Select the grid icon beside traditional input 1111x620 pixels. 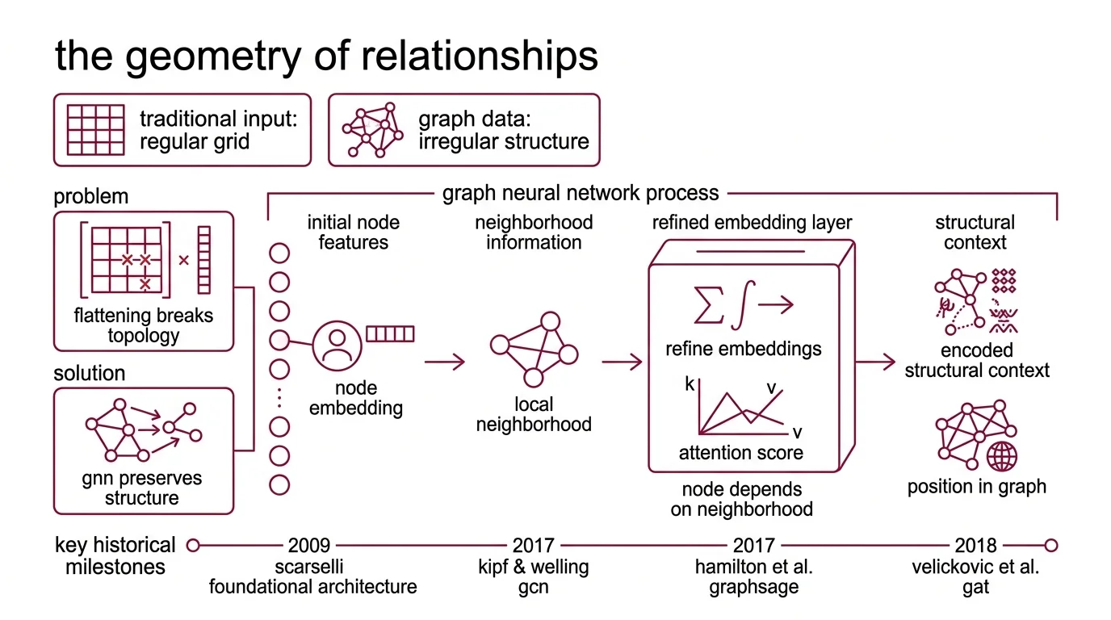click(x=95, y=130)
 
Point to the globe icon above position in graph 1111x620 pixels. click(x=1002, y=456)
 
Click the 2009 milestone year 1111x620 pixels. click(x=308, y=546)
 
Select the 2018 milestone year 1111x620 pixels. click(x=975, y=546)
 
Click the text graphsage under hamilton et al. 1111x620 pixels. click(x=753, y=587)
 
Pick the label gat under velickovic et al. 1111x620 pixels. click(x=975, y=587)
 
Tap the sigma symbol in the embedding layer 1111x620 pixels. click(x=709, y=305)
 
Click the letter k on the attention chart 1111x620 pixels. click(x=690, y=383)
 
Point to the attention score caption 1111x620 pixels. click(x=740, y=453)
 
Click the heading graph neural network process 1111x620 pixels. click(x=580, y=194)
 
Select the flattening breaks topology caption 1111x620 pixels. click(x=143, y=325)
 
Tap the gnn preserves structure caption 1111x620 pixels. click(x=142, y=488)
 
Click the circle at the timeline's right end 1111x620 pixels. click(x=1050, y=546)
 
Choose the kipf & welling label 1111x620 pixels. click(x=533, y=567)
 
